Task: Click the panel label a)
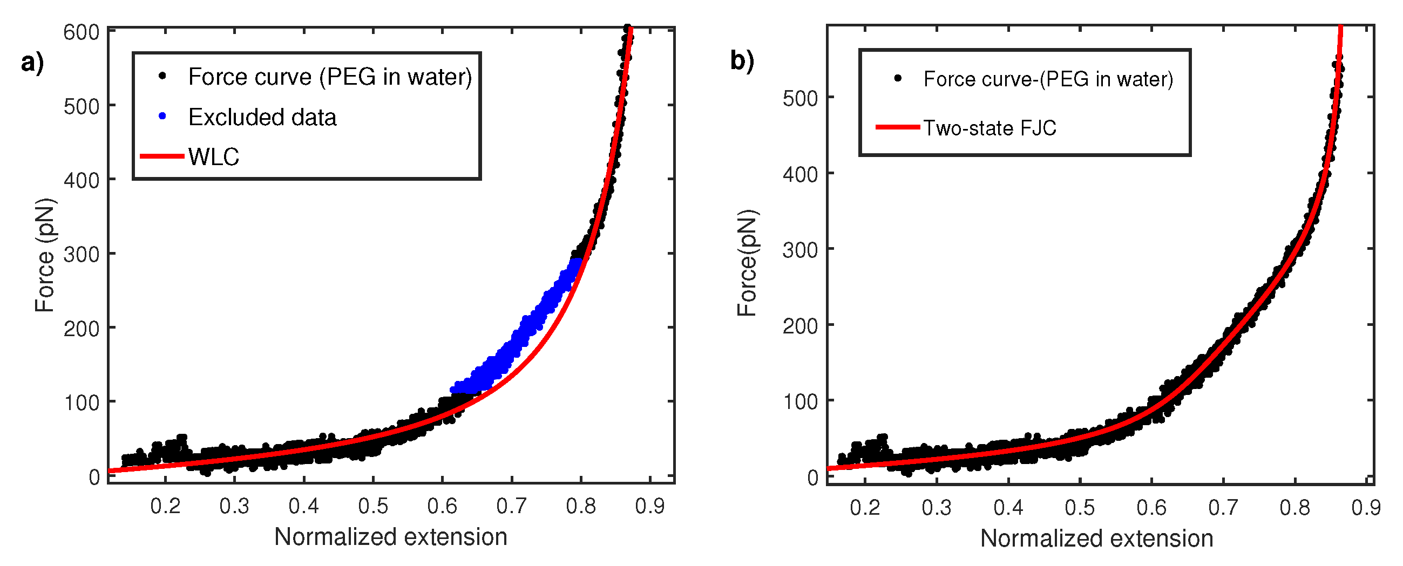(x=32, y=62)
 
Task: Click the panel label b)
(x=742, y=60)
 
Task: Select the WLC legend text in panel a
(x=214, y=156)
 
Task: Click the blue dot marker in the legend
(x=162, y=116)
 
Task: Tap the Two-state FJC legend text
(x=989, y=128)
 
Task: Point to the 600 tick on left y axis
(x=81, y=33)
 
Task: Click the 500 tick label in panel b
(x=800, y=99)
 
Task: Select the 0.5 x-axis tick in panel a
(x=373, y=506)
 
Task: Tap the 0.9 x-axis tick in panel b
(x=1365, y=507)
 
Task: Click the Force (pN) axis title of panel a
(x=45, y=255)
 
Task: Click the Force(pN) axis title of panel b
(x=747, y=262)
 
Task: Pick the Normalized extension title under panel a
(x=390, y=537)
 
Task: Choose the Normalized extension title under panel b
(x=1096, y=538)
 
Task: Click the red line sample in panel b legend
(x=897, y=127)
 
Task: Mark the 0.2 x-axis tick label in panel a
(x=165, y=506)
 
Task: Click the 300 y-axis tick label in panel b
(x=800, y=250)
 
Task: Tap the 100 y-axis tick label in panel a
(x=81, y=403)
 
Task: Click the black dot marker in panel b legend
(x=898, y=78)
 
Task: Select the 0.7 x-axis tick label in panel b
(x=1223, y=507)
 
